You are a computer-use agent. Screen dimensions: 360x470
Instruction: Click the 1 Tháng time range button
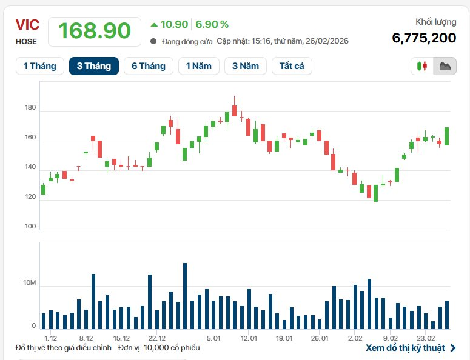[x=39, y=66]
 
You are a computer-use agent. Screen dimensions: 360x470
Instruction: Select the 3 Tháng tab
[x=93, y=66]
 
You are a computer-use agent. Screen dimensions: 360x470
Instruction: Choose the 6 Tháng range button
[x=148, y=66]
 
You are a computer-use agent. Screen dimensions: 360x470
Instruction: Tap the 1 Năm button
[x=198, y=66]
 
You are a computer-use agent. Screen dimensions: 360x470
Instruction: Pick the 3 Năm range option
[x=246, y=66]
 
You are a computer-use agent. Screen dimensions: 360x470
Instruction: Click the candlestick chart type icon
[x=423, y=66]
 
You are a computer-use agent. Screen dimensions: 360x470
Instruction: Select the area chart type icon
[x=445, y=66]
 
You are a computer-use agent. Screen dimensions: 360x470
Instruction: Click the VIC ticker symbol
[x=27, y=25]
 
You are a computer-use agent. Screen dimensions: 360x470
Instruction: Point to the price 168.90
[x=95, y=31]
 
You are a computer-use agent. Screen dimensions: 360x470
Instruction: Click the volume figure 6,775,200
[x=424, y=38]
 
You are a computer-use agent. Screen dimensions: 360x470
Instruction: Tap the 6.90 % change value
[x=212, y=24]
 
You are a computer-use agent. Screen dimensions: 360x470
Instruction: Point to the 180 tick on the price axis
[x=30, y=108]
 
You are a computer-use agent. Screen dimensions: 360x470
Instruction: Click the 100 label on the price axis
[x=30, y=226]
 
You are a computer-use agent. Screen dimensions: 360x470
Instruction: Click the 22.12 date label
[x=156, y=338]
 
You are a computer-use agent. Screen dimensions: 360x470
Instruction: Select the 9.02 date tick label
[x=391, y=338]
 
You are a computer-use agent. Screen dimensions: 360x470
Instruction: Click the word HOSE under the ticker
[x=26, y=42]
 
